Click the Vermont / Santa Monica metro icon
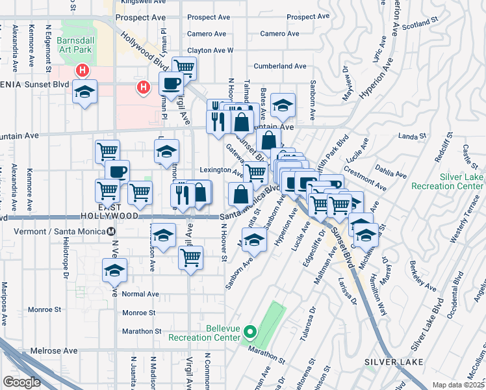coord(111,231)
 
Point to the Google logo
coord(21,382)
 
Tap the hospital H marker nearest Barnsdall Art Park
coord(83,70)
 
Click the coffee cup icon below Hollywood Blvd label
coord(170,83)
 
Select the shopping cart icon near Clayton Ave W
coord(185,66)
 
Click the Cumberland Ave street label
coord(280,66)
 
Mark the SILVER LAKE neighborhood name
coord(394,361)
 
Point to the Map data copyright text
coord(458,384)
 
